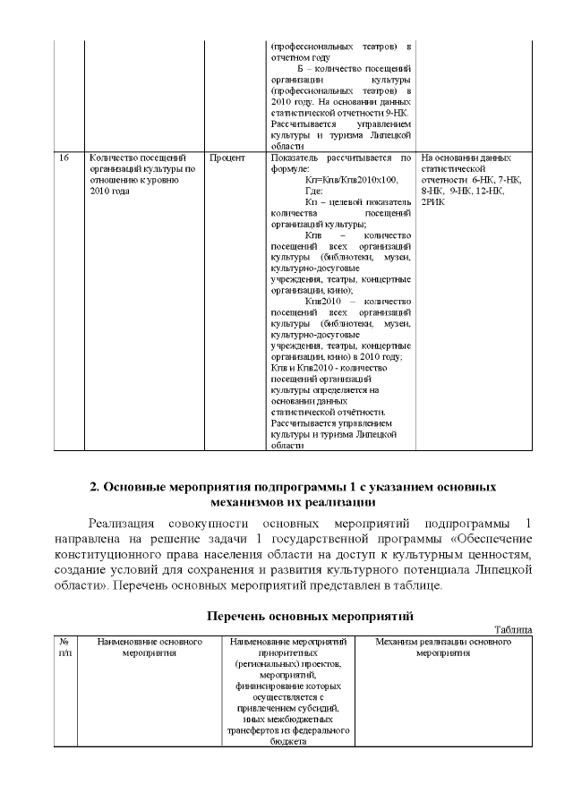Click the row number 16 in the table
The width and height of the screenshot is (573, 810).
64,158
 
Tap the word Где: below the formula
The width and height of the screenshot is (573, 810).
313,192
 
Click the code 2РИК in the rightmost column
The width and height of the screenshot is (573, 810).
432,203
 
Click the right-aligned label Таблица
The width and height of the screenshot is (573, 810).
513,630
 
